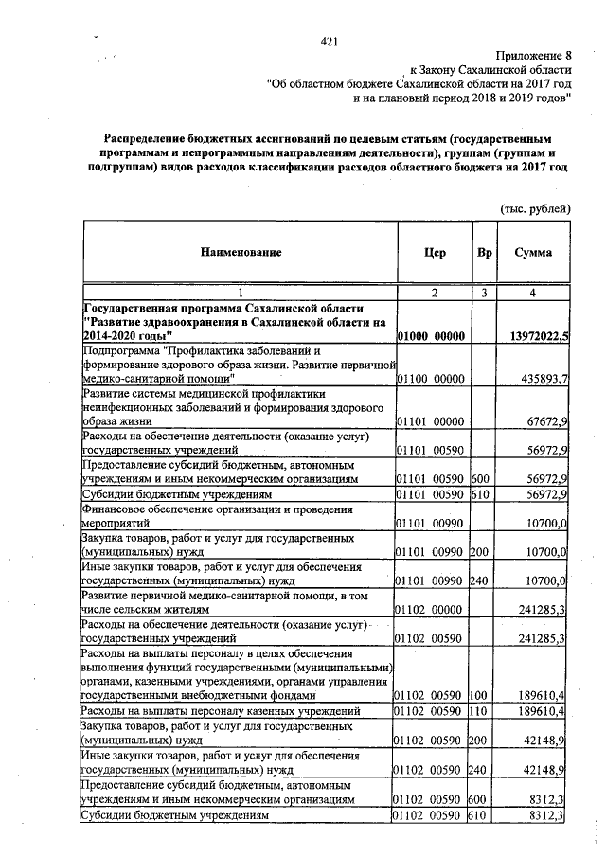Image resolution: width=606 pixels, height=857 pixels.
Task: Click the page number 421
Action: coord(330,41)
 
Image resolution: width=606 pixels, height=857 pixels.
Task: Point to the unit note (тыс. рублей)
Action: coord(535,206)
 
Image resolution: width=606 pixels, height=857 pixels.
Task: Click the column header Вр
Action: coord(484,253)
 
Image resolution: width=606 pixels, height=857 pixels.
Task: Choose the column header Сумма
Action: coord(534,253)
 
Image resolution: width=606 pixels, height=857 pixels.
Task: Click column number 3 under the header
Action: coord(484,293)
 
